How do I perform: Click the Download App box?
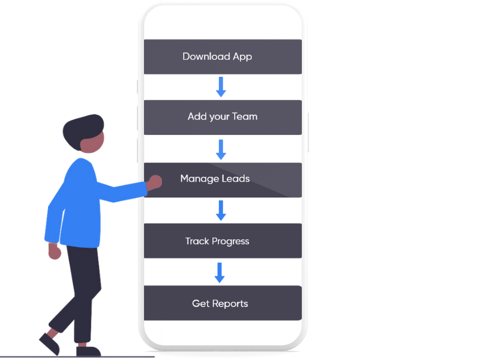[x=223, y=57]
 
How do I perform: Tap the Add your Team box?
[x=223, y=117]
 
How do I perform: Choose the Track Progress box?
[x=223, y=241]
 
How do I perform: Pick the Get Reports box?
[x=223, y=304]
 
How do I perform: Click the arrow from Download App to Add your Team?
[x=221, y=87]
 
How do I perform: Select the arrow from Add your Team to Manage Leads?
[x=221, y=149]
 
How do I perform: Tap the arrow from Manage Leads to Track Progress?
[x=221, y=211]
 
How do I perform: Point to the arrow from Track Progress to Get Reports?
[x=220, y=272]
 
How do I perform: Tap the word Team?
[x=245, y=117]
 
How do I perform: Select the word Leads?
[x=235, y=179]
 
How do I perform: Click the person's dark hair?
[x=81, y=129]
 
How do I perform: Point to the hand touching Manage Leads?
[x=155, y=182]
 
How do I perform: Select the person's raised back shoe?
[x=48, y=343]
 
